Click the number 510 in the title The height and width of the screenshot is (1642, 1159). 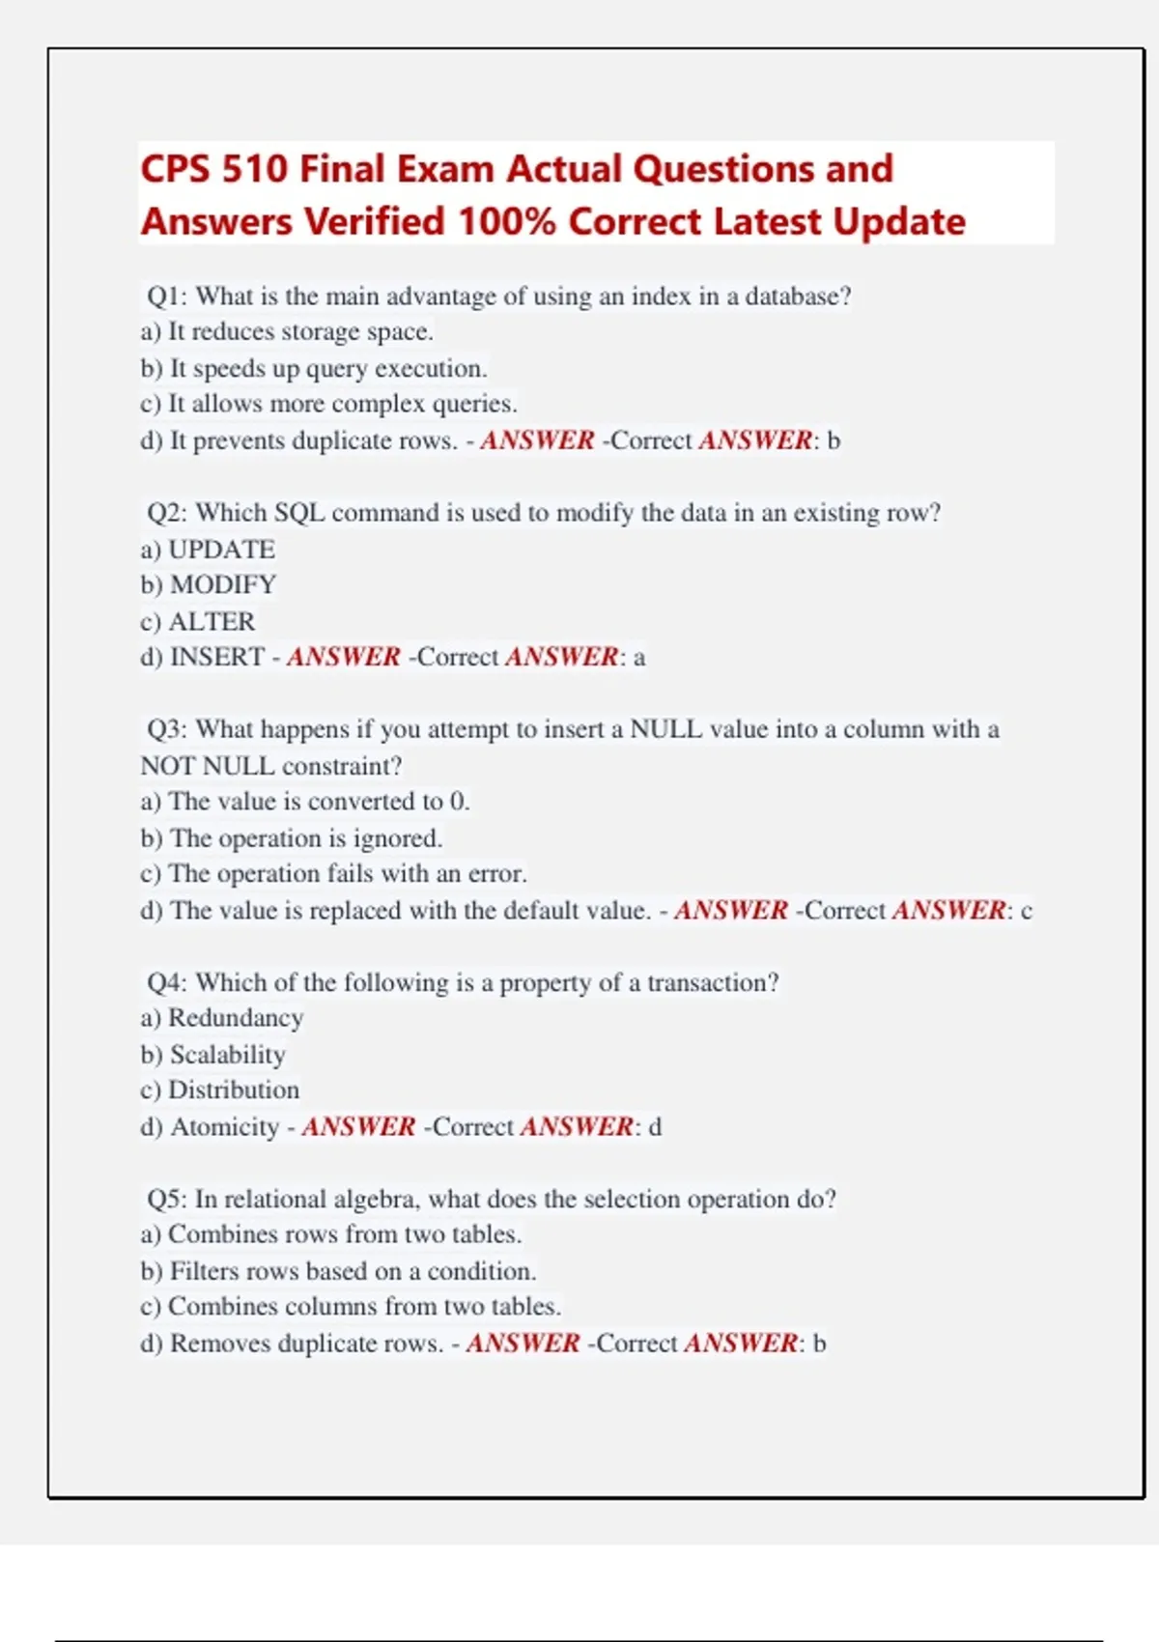[x=254, y=169]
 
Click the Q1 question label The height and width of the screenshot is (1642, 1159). [x=165, y=296]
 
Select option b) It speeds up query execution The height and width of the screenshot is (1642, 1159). [x=314, y=368]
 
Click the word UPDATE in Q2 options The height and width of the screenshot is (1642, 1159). [x=221, y=549]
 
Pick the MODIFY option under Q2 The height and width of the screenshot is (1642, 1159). [x=222, y=584]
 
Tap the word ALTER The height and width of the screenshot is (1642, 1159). [x=212, y=621]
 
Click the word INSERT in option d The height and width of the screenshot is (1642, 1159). [x=216, y=657]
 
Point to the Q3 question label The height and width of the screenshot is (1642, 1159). [x=165, y=729]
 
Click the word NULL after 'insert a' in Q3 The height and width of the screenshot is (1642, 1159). [x=665, y=729]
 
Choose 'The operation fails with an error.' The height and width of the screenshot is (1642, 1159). [x=333, y=873]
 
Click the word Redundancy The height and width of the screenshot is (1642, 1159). [x=236, y=1018]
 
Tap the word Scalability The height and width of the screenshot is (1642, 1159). [x=227, y=1054]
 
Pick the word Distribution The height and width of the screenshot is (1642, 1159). [x=234, y=1090]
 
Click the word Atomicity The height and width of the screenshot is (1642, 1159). [x=224, y=1126]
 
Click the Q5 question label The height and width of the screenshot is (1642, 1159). [x=165, y=1199]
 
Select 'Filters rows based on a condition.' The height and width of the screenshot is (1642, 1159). [x=338, y=1270]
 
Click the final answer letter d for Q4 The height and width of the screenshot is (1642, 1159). [x=655, y=1126]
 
